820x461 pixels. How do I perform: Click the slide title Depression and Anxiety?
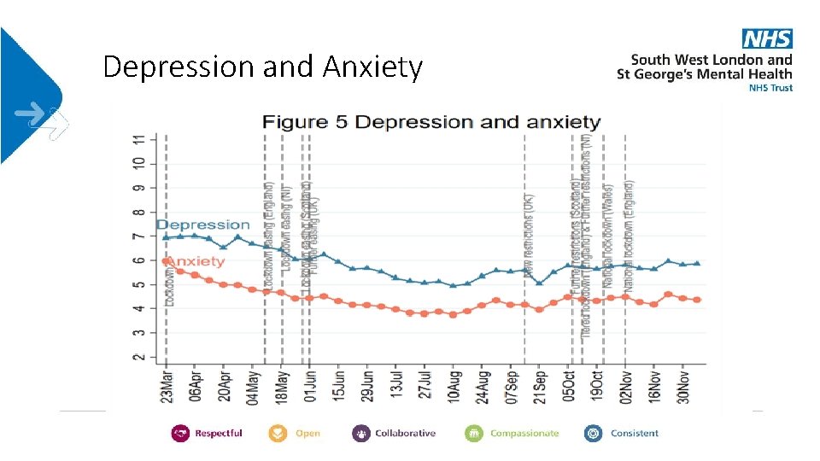pos(262,67)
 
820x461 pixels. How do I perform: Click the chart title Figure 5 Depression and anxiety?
pos(431,122)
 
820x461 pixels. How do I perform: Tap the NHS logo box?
pos(767,38)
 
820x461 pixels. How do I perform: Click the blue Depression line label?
pos(203,225)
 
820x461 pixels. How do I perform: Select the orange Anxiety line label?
pos(196,261)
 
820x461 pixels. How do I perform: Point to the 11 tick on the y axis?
pos(139,139)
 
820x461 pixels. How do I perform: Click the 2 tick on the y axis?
pos(139,357)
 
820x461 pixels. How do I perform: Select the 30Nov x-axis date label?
pos(683,386)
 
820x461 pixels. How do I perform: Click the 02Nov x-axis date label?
pos(626,386)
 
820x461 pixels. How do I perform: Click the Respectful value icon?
pos(180,434)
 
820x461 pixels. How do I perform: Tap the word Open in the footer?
pos(307,434)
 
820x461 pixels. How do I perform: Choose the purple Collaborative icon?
pos(360,434)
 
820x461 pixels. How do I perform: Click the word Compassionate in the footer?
pos(524,434)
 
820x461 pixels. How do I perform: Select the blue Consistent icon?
pos(594,434)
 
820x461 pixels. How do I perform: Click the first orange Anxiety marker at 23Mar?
pos(166,260)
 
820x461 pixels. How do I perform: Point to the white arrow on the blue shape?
pos(36,117)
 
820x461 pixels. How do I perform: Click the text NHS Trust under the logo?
pos(770,87)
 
